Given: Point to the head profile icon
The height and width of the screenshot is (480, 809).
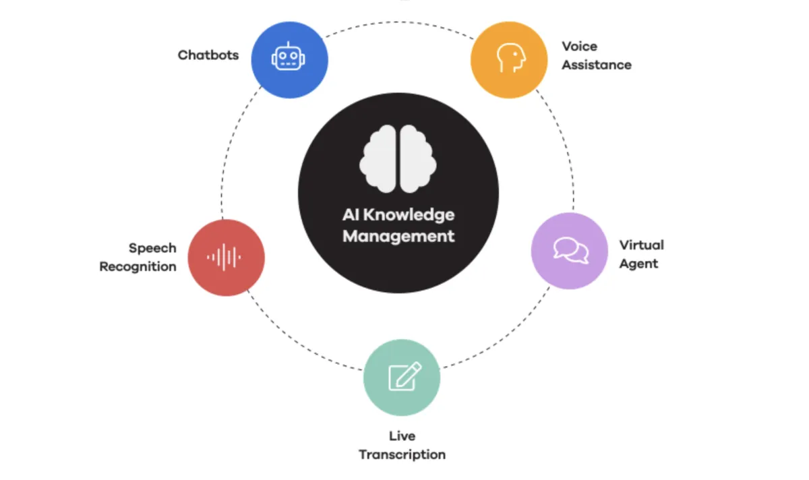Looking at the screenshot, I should click(x=510, y=58).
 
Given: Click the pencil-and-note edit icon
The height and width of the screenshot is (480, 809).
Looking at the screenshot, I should click(x=404, y=376).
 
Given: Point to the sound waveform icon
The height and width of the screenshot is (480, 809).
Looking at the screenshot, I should click(x=224, y=257).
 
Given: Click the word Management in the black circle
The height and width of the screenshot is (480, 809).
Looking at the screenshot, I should click(x=398, y=236).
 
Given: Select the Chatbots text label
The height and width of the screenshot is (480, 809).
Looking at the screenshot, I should click(x=208, y=55).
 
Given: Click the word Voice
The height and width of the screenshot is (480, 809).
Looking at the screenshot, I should click(x=580, y=47).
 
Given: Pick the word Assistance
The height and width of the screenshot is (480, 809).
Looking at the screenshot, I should click(x=597, y=65).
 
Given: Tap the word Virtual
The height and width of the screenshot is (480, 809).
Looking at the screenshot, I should click(x=642, y=245).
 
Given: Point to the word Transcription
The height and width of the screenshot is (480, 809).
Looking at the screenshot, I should click(x=402, y=454).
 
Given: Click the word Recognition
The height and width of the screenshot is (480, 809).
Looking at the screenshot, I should click(x=138, y=267).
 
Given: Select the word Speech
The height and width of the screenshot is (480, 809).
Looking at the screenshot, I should click(x=152, y=248).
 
